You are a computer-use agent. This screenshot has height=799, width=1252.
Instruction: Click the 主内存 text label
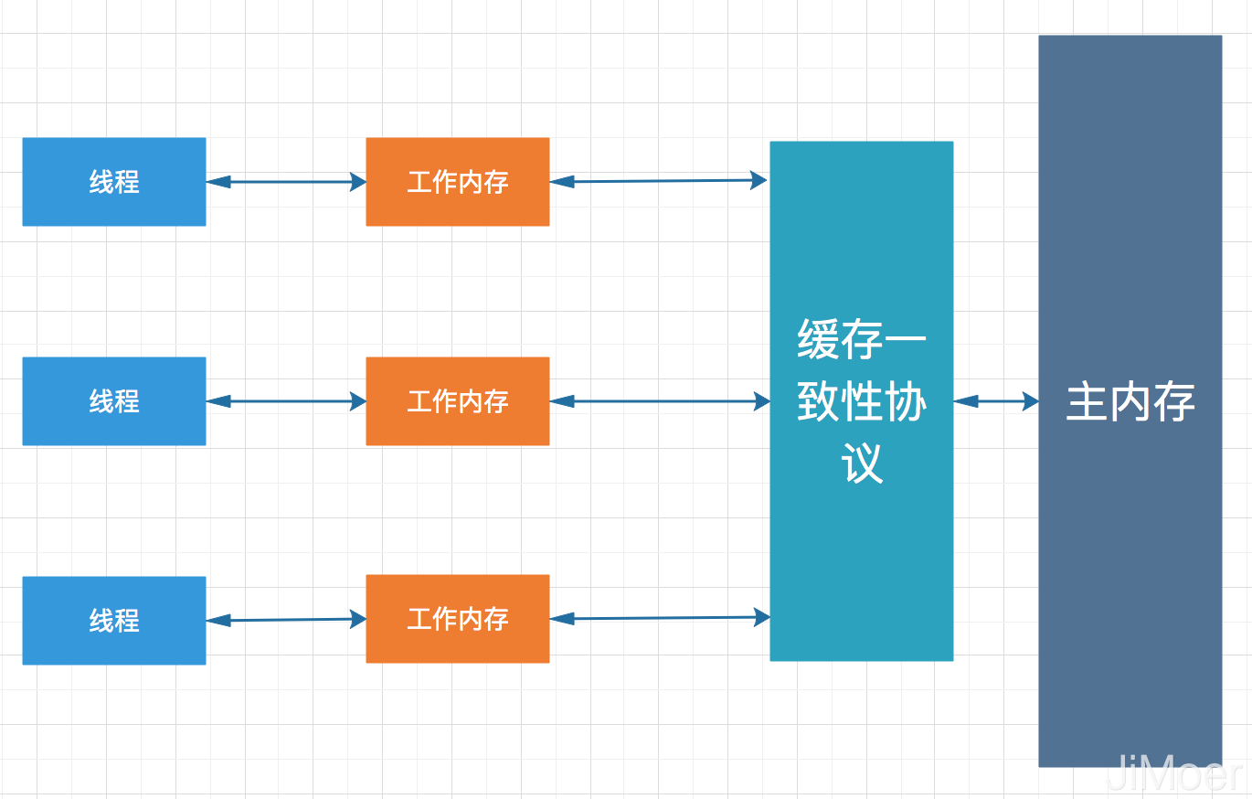[1130, 402]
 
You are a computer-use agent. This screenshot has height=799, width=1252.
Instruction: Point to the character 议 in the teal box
[862, 463]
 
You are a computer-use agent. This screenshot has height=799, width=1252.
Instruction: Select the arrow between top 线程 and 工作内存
[286, 182]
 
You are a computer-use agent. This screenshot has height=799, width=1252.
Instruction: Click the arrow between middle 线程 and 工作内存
[286, 401]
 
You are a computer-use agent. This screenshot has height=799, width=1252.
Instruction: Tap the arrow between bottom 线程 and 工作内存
[286, 620]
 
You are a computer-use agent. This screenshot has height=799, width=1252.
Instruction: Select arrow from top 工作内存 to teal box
[659, 181]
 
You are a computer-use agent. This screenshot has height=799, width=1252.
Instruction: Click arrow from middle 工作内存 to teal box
[659, 400]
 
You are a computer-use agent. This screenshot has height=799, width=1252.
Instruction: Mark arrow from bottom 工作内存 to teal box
[659, 618]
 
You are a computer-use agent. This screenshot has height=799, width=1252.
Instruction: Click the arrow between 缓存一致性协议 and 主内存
[996, 400]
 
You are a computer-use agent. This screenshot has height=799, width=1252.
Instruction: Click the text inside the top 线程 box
[114, 182]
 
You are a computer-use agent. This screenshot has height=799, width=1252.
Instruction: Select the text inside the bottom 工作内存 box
[458, 619]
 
